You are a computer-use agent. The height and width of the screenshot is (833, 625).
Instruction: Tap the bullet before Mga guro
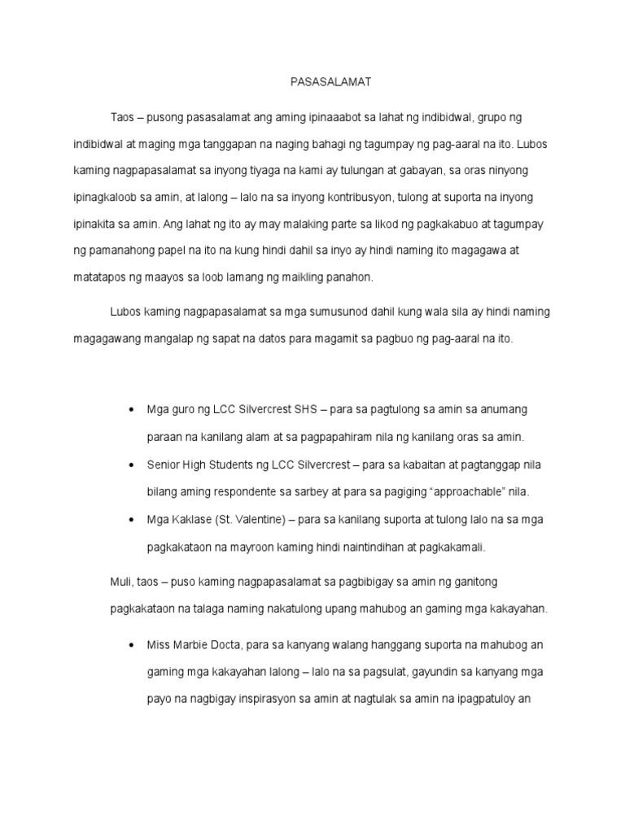pos(131,409)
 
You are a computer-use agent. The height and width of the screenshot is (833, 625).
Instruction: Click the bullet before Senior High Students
pos(131,464)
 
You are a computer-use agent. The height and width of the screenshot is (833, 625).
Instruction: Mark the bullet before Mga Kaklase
pos(131,520)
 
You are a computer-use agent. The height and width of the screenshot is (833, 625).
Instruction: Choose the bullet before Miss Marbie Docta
pos(131,645)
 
